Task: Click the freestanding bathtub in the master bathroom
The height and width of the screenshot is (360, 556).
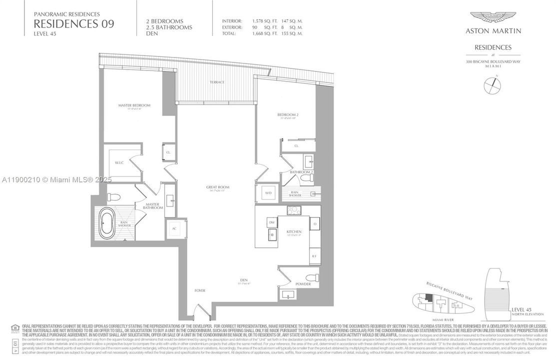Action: tap(107, 223)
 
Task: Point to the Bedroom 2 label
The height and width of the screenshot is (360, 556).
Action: tap(288, 115)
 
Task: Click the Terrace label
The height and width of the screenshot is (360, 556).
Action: tap(217, 82)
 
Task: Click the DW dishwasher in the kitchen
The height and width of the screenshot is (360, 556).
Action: tap(272, 221)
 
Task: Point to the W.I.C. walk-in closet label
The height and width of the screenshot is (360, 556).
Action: tap(119, 162)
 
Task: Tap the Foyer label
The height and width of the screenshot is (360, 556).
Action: tap(200, 290)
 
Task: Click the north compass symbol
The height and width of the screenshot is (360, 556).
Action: tap(493, 84)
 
